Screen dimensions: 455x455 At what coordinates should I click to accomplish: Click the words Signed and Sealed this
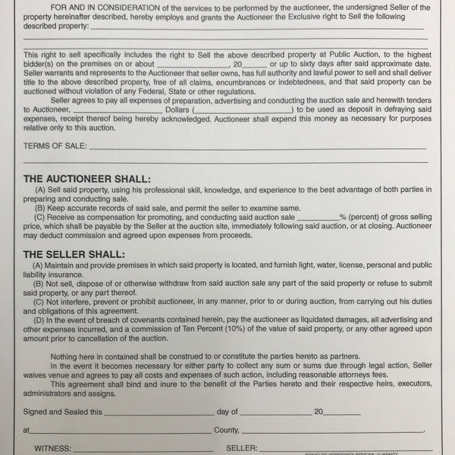tap(62, 412)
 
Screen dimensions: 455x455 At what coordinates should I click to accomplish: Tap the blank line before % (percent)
tap(317, 217)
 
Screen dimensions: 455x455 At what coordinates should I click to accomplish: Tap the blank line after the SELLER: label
tap(341, 449)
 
